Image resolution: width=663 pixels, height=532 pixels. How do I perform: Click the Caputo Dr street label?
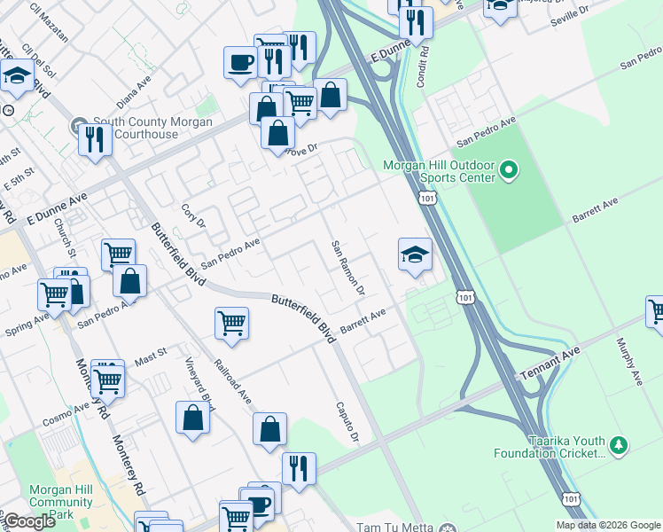(347, 422)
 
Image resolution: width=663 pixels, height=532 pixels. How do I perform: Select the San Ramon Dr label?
(347, 267)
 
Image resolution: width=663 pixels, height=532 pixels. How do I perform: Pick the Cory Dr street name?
(192, 215)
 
